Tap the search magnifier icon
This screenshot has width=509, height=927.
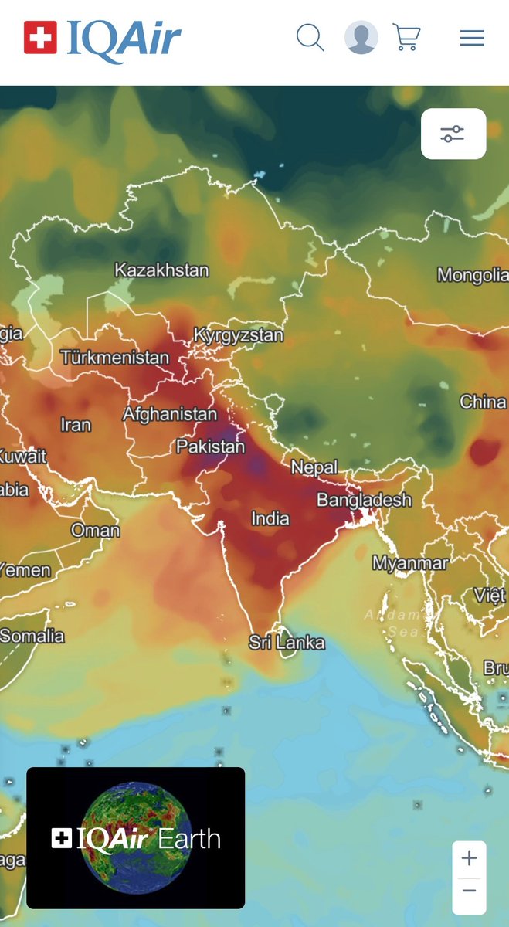coord(310,37)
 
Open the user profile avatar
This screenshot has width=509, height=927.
coord(361,37)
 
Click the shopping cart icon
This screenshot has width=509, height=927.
coord(406,37)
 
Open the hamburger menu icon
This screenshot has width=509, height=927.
coord(472,38)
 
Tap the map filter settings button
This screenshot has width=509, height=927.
coord(453,134)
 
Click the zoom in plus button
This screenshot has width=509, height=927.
coord(469,858)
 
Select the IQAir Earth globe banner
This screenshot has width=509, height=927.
coord(136,837)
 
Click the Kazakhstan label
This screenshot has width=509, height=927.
coord(161,270)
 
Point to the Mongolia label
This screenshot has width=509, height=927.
coord(472,275)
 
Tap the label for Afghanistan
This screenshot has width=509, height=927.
coord(170,414)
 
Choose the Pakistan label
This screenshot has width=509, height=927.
coord(210,447)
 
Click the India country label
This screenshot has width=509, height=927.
coord(270,518)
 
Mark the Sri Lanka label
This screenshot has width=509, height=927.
coord(287,643)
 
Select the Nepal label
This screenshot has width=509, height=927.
coord(314,467)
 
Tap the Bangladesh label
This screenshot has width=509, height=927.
coord(364,500)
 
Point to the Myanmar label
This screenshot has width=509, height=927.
coord(410,564)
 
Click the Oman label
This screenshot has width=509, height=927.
coord(95,530)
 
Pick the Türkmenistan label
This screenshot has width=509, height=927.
coord(114,358)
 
